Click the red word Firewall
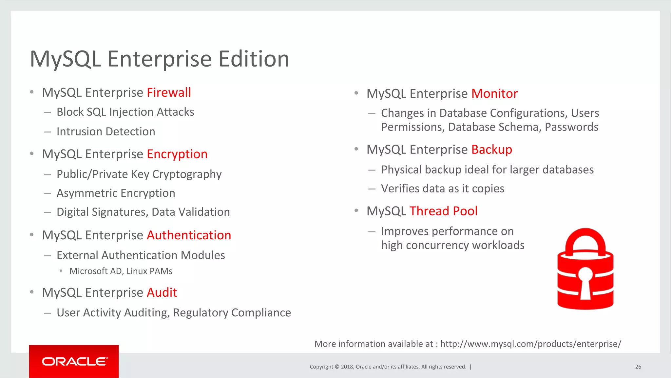(169, 92)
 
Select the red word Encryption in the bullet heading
(177, 154)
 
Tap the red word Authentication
(189, 235)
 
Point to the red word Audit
(162, 292)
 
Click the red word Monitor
(494, 93)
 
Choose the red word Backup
(491, 149)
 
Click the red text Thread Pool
(443, 211)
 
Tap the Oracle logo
(74, 361)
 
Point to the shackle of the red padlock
(585, 239)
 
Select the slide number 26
(638, 367)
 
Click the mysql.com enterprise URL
(530, 344)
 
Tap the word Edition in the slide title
(254, 59)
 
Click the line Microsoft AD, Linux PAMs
(121, 271)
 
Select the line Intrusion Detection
(106, 131)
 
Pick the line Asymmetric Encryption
(116, 193)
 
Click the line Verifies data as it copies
(442, 189)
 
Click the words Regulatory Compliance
(232, 313)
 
